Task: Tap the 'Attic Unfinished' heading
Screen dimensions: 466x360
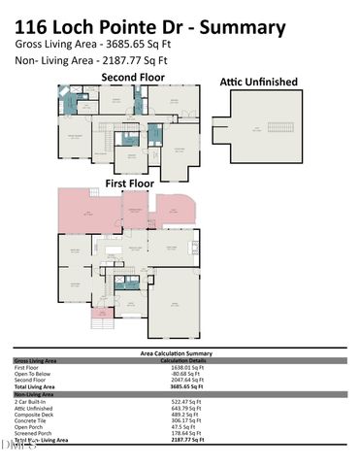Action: [258, 83]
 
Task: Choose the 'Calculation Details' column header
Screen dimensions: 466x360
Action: [187, 361]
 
